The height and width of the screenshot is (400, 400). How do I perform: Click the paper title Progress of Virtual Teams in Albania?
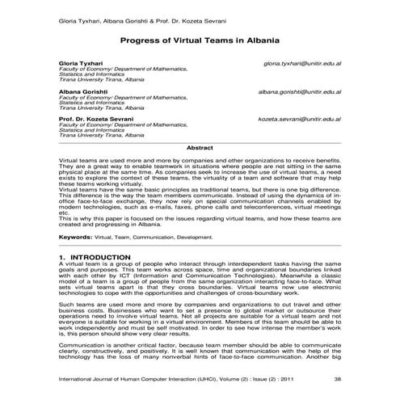click(200, 38)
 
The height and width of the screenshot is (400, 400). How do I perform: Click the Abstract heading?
click(200, 148)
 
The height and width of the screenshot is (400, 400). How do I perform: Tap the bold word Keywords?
click(75, 238)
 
